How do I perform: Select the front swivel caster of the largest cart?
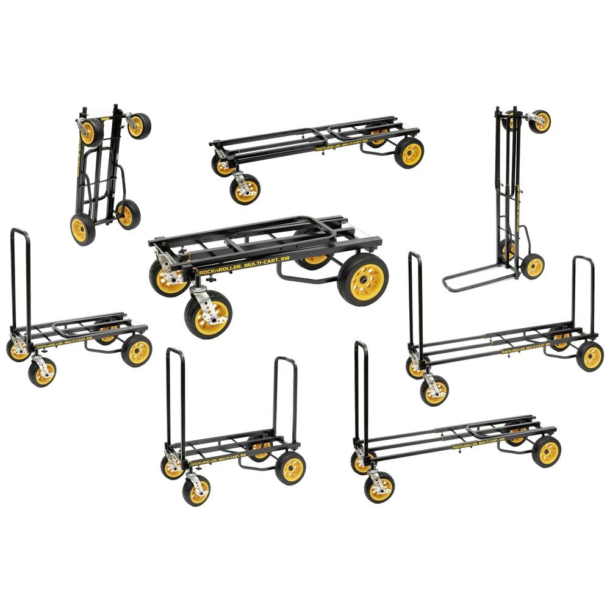coord(209,315)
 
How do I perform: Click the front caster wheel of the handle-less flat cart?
coord(245,189)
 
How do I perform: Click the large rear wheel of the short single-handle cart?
coord(137,351)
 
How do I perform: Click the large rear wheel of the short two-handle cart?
coord(290,467)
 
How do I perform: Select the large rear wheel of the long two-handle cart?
coord(589,356)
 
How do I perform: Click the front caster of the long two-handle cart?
coord(434,391)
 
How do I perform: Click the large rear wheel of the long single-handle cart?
coord(546,451)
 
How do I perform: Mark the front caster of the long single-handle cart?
coord(379,487)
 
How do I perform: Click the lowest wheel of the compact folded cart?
coord(83,229)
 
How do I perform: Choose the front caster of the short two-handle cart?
coord(196,491)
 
